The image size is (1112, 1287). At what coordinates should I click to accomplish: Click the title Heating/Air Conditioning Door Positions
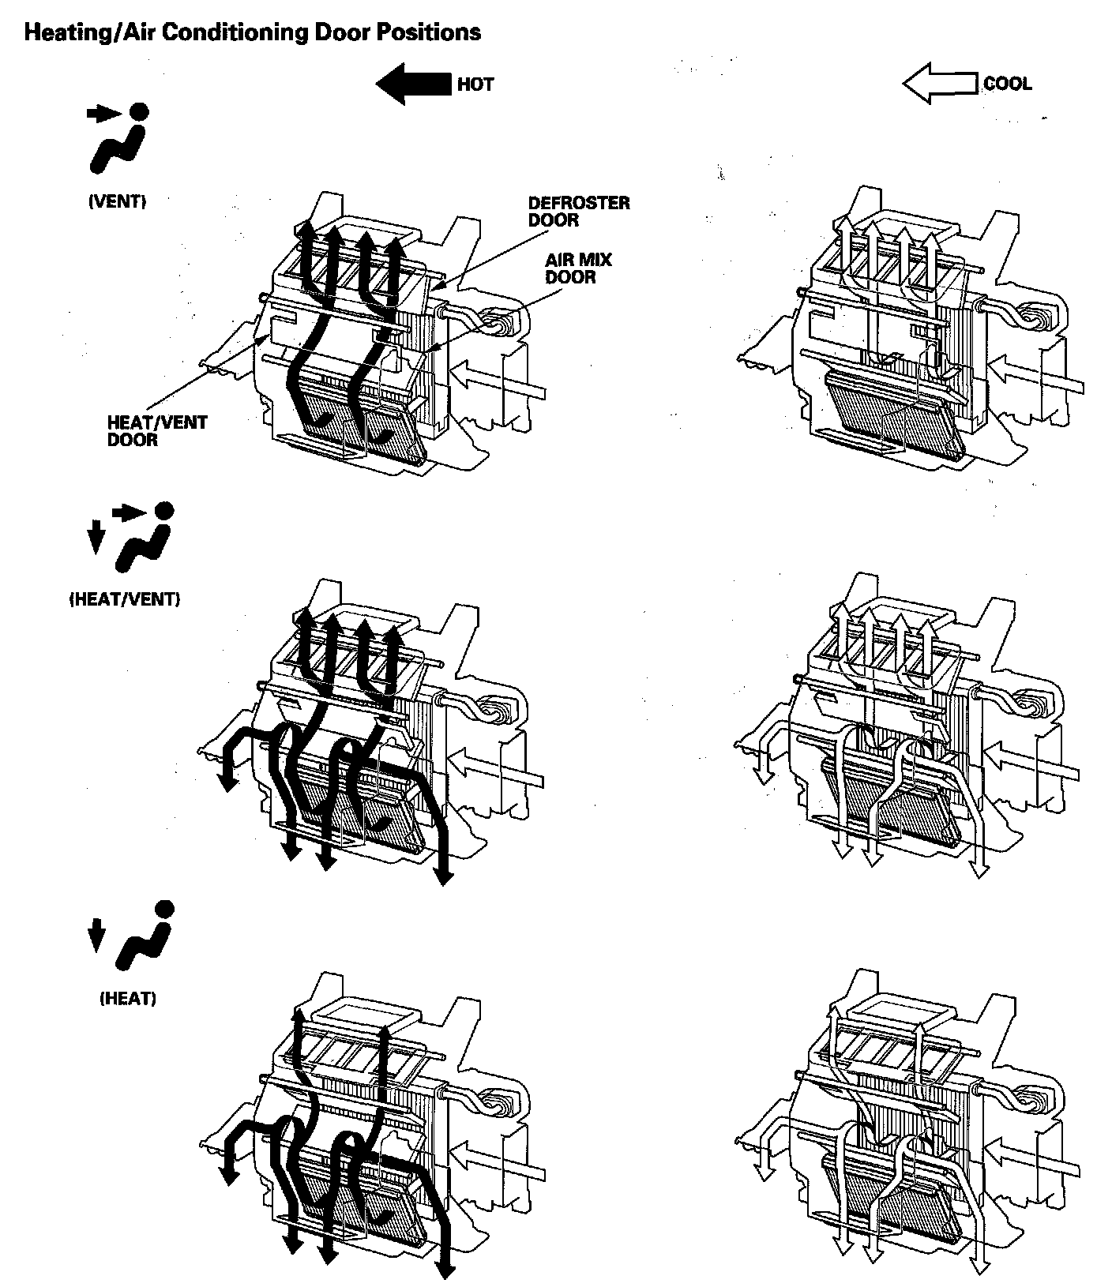tap(252, 32)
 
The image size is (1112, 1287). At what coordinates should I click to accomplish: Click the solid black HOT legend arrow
tap(412, 83)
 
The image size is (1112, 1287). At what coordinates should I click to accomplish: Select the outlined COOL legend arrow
tap(940, 84)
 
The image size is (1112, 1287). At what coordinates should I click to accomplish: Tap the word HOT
tap(475, 84)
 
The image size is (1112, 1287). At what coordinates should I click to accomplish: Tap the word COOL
tap(1007, 84)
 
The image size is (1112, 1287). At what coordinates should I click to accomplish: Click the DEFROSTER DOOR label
tap(578, 211)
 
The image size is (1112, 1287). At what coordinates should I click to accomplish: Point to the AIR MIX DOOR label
tap(578, 268)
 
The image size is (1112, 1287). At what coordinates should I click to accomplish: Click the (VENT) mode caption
tap(117, 201)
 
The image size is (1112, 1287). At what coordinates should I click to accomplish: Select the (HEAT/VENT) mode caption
tap(125, 599)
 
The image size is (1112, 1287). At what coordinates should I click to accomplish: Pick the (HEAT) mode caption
tap(128, 999)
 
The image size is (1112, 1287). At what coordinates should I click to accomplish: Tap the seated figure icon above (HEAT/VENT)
tap(145, 539)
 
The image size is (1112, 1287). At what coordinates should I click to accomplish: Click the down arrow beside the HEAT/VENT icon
tap(96, 538)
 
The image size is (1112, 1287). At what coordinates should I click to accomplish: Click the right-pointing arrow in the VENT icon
tap(103, 114)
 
